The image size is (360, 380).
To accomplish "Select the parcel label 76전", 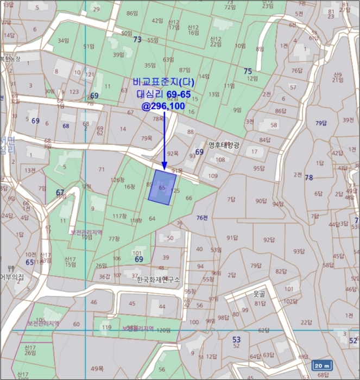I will tap(202, 218).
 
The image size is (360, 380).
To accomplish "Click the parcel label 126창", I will tap(117, 180).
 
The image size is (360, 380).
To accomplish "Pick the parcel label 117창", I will tap(119, 216).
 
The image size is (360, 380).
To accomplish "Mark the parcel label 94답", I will tap(278, 204).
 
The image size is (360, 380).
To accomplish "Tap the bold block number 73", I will tap(137, 40).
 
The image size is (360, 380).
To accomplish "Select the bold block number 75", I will tap(248, 71).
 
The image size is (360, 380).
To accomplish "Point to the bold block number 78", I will tap(309, 178).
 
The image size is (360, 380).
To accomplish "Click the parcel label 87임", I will tap(185, 70).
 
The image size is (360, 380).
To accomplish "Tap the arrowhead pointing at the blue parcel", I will tap(164, 165).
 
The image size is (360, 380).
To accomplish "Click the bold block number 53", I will tap(236, 339).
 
